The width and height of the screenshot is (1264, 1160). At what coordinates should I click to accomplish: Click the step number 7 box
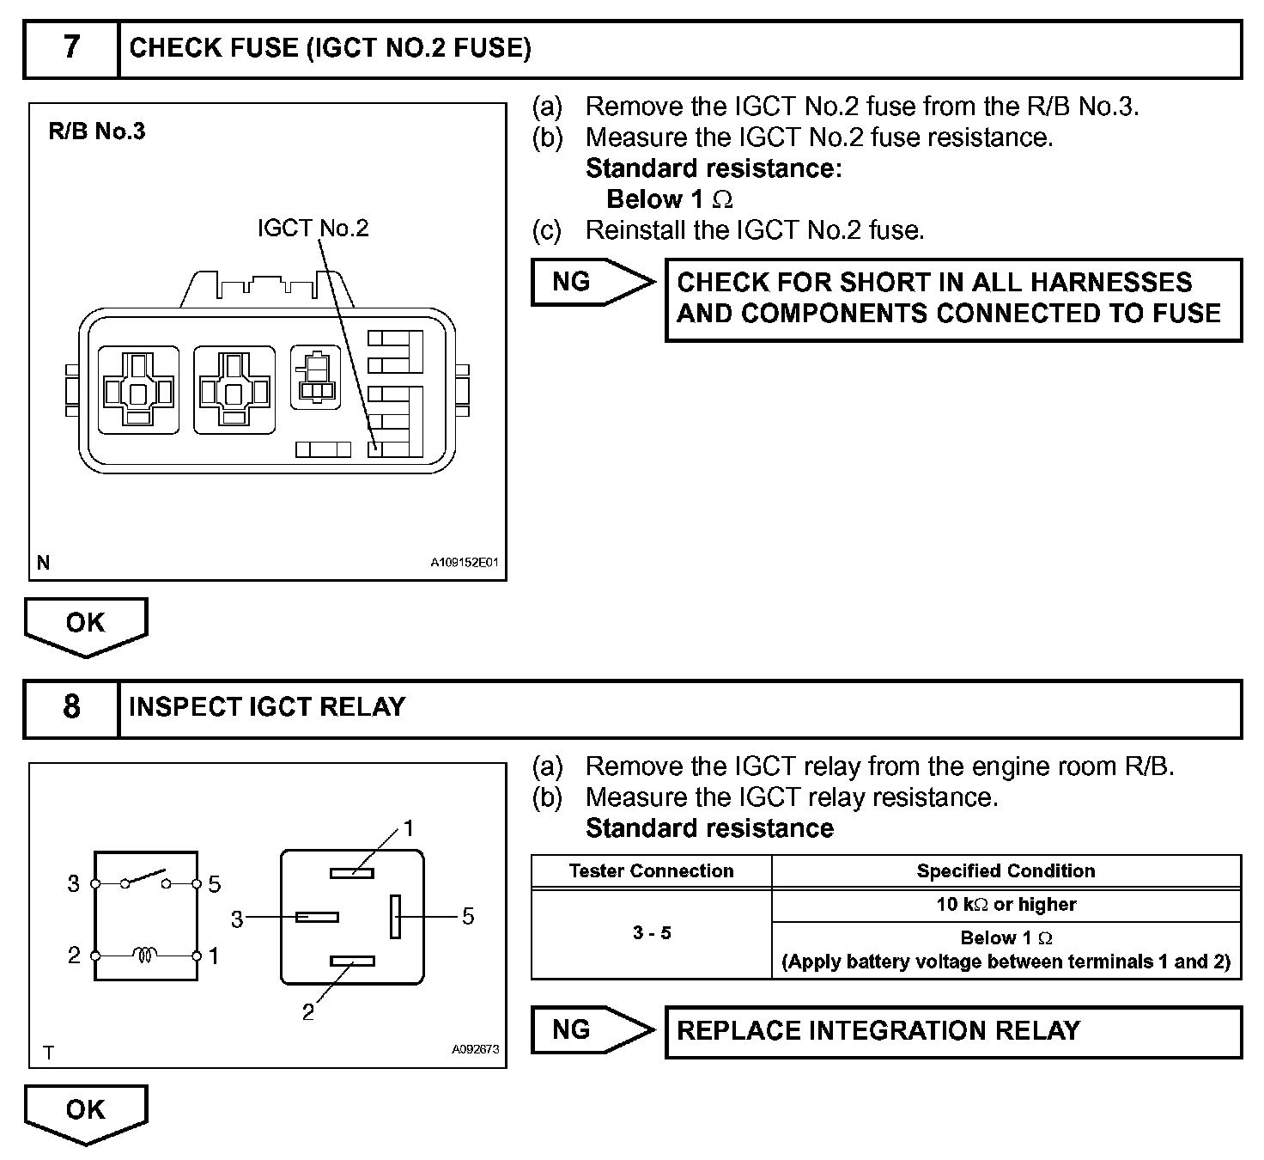(71, 48)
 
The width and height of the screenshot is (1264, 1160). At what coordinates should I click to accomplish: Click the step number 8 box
(71, 708)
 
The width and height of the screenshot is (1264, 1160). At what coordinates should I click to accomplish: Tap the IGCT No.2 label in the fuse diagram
(313, 229)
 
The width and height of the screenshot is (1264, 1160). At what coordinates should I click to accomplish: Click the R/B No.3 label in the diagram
(97, 131)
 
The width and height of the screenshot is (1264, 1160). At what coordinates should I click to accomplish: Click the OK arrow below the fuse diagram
(86, 625)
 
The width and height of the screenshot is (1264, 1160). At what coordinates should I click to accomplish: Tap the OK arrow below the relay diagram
(86, 1111)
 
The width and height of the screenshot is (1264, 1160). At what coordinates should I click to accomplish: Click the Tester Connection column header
(651, 871)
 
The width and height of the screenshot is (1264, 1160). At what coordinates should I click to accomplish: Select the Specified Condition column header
(1006, 871)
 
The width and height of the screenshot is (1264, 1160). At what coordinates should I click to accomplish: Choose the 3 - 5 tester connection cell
(651, 933)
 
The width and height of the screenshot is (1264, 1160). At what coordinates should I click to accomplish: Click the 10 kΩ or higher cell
(1006, 905)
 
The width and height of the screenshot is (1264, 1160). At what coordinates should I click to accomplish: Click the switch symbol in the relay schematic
(146, 880)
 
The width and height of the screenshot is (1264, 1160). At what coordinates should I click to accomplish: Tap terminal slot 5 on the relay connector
(395, 916)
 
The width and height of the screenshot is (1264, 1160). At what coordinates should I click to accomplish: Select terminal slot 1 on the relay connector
(352, 873)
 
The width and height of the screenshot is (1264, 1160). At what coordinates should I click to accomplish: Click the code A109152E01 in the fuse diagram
(464, 564)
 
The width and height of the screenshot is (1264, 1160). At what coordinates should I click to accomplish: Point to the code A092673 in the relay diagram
(475, 1050)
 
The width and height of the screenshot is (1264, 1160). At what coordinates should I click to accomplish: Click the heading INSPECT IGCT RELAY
(267, 707)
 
